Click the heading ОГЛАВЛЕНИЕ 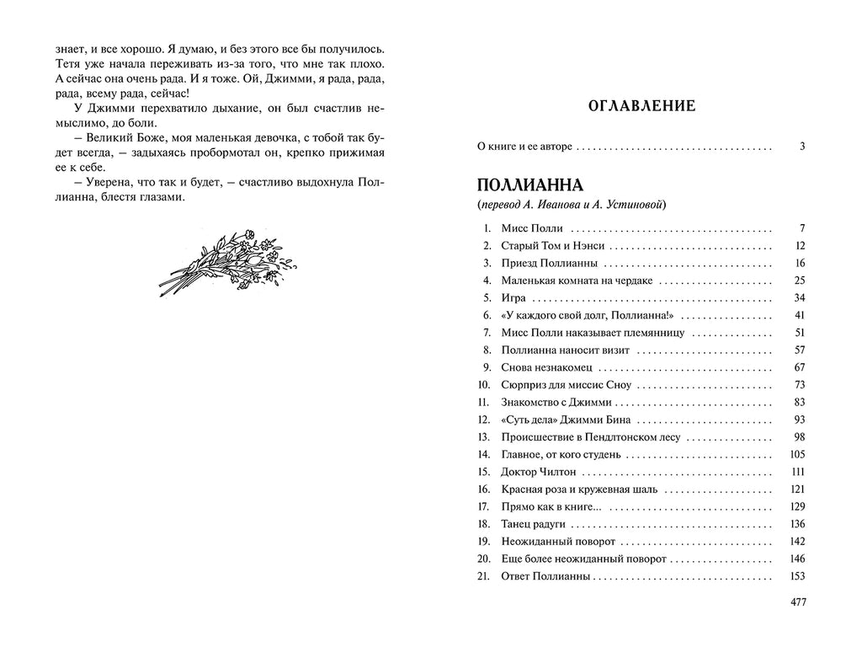click(641, 106)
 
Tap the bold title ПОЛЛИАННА click(530, 185)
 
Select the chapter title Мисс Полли click(532, 228)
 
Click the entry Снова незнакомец click(546, 367)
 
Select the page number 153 click(799, 577)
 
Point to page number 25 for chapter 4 click(801, 281)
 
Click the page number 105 click(799, 455)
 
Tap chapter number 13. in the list click(483, 437)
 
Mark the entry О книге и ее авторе click(524, 147)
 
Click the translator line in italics click(572, 206)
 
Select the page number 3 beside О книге click(803, 147)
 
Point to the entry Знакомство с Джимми click(556, 403)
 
